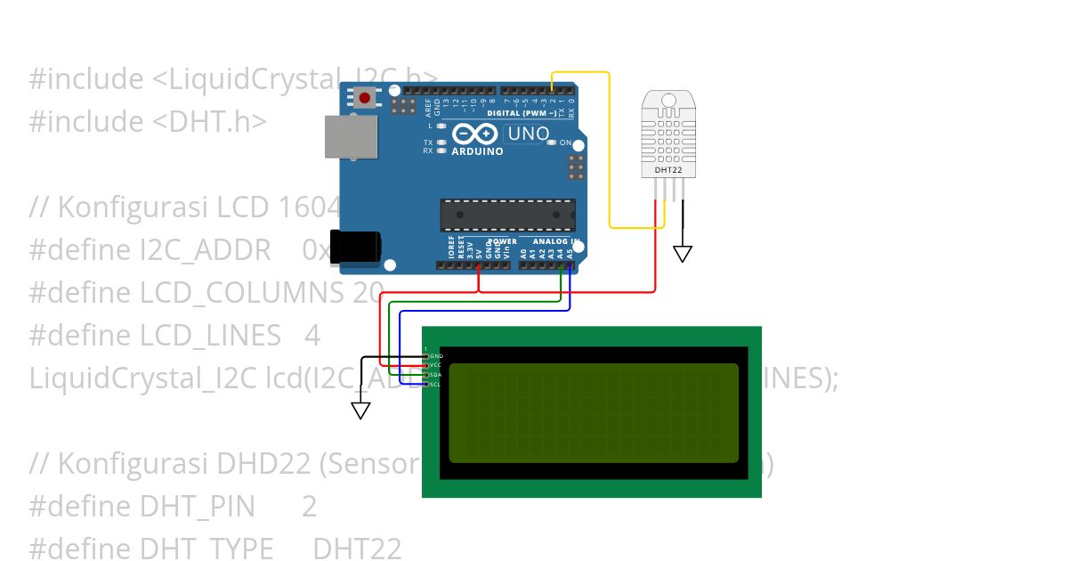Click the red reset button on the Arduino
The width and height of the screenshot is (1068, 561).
pyautogui.click(x=364, y=96)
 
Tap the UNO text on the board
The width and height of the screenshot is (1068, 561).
pyautogui.click(x=528, y=134)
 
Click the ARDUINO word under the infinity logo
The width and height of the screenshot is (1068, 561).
pyautogui.click(x=477, y=151)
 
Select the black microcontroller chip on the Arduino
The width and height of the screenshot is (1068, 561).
pyautogui.click(x=507, y=215)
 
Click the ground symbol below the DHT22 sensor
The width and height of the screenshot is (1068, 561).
pyautogui.click(x=683, y=254)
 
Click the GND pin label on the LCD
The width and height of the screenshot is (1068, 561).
pyautogui.click(x=435, y=356)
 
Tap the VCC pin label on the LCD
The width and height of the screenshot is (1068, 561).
pyautogui.click(x=435, y=365)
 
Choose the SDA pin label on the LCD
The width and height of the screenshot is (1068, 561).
pyautogui.click(x=435, y=375)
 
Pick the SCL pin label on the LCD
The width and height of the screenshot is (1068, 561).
pyautogui.click(x=435, y=385)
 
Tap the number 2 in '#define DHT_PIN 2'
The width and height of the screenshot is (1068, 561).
pyautogui.click(x=309, y=507)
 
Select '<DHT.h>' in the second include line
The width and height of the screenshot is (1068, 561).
pyautogui.click(x=209, y=122)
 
